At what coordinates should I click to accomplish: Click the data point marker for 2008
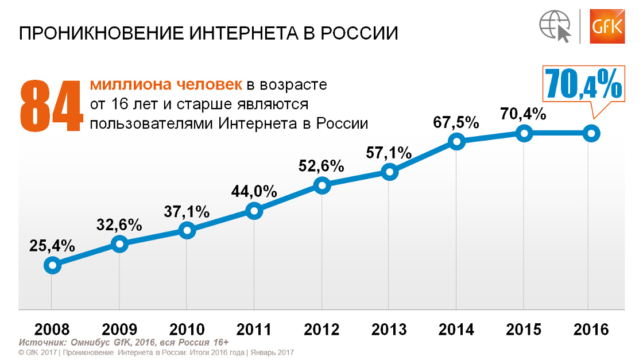pyautogui.click(x=52, y=265)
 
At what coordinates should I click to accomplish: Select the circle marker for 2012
pyautogui.click(x=322, y=185)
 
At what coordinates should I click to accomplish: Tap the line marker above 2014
pyautogui.click(x=456, y=141)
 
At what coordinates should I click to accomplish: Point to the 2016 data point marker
pyautogui.click(x=591, y=134)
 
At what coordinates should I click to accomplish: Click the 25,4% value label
pyautogui.click(x=52, y=246)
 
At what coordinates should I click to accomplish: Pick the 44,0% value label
pyautogui.click(x=254, y=191)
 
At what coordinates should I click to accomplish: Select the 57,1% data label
pyautogui.click(x=389, y=153)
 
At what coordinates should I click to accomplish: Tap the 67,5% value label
pyautogui.click(x=456, y=122)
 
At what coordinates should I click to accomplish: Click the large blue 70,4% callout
pyautogui.click(x=584, y=84)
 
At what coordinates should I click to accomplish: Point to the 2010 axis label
pyautogui.click(x=187, y=330)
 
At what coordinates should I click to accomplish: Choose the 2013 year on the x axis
pyautogui.click(x=389, y=330)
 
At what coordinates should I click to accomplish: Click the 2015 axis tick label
pyautogui.click(x=524, y=330)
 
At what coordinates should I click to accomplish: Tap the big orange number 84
pyautogui.click(x=51, y=104)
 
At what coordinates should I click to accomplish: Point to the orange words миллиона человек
pyautogui.click(x=166, y=85)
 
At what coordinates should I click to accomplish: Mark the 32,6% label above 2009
pyautogui.click(x=119, y=224)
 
